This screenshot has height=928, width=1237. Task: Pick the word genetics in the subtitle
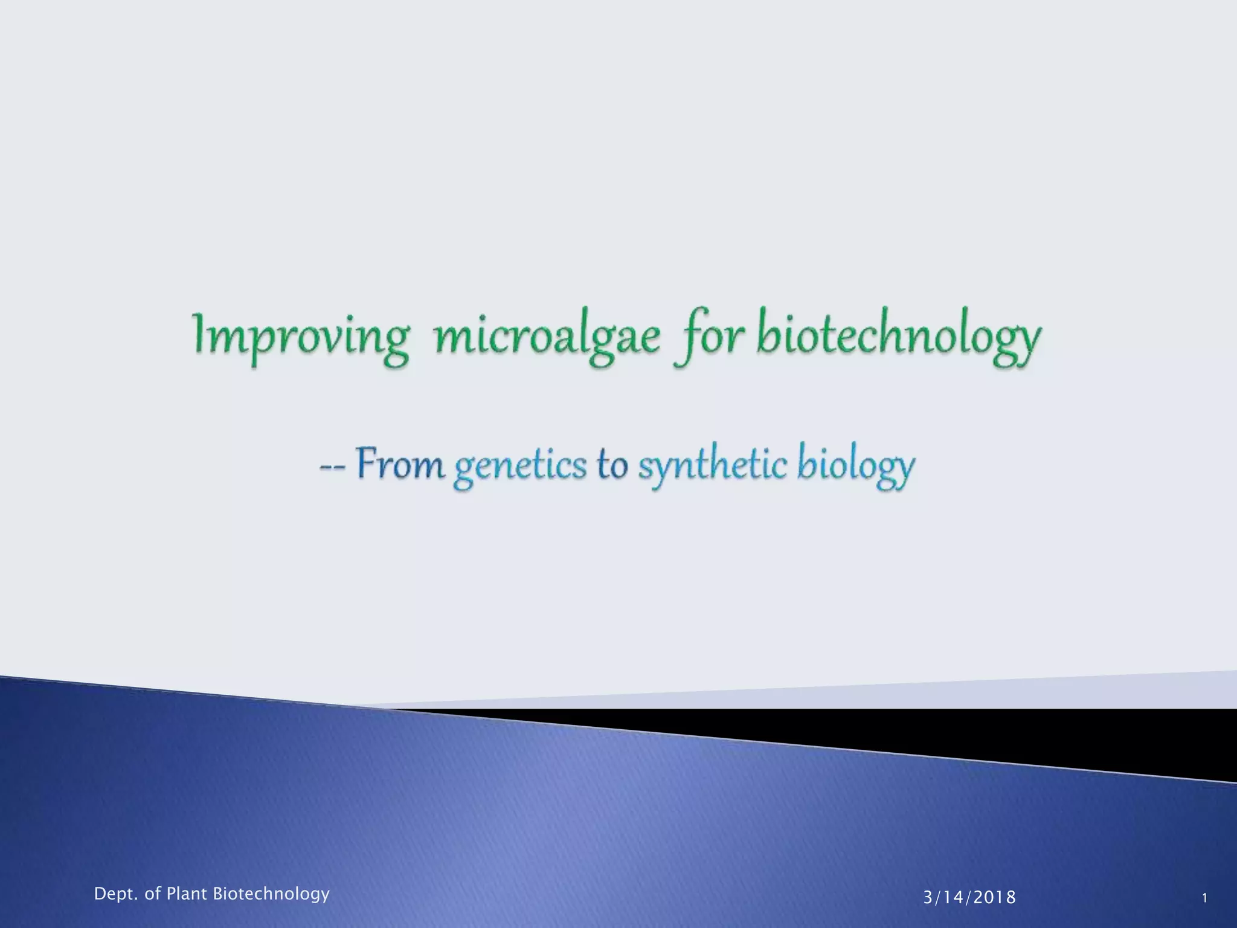[x=520, y=467]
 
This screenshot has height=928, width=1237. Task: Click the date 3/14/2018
[x=969, y=898]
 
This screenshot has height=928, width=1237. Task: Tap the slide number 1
[x=1204, y=898]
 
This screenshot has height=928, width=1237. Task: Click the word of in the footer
[x=151, y=894]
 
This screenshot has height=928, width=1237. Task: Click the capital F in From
[x=366, y=464]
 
